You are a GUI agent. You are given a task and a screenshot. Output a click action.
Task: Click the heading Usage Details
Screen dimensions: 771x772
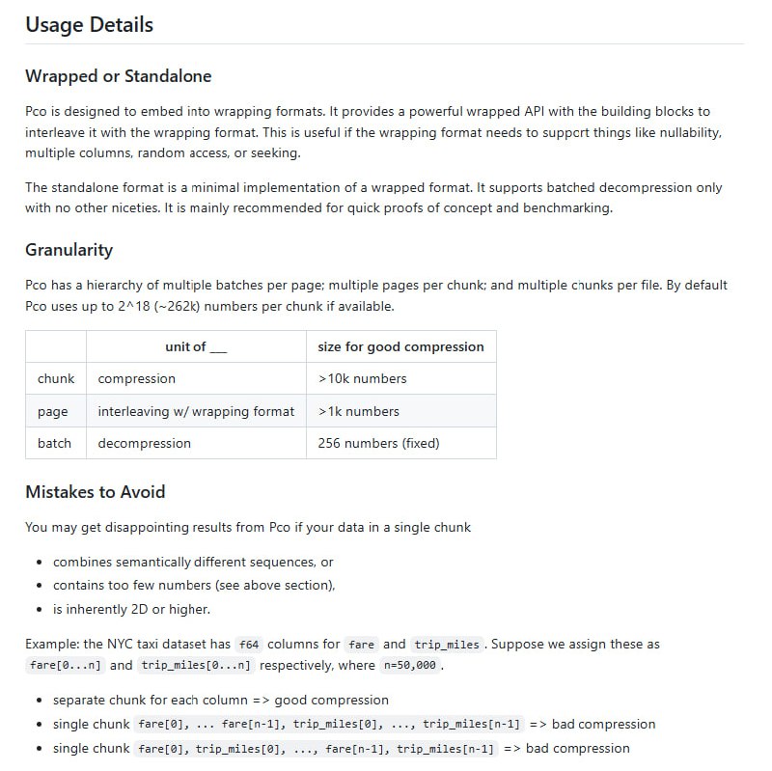click(89, 25)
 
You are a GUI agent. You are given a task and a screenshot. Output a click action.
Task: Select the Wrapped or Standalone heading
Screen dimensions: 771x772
click(118, 76)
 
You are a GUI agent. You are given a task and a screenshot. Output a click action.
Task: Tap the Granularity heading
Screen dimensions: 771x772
click(69, 250)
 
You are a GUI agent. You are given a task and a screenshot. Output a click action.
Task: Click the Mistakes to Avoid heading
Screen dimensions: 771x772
click(95, 492)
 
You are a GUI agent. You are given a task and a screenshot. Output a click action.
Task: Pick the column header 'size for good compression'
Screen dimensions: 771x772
click(400, 346)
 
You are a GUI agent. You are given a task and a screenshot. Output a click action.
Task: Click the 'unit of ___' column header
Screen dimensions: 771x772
click(196, 346)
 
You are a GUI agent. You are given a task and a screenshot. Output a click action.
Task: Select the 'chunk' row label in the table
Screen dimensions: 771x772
click(56, 378)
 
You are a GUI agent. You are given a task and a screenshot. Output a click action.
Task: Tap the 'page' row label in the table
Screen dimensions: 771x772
click(53, 411)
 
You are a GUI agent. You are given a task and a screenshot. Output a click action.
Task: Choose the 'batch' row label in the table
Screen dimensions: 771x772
click(54, 443)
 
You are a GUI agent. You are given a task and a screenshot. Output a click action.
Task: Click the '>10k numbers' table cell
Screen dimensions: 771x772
click(362, 378)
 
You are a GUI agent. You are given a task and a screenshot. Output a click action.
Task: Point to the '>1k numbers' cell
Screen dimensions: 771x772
click(358, 411)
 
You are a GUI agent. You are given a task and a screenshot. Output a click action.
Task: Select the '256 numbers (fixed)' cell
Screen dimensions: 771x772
click(378, 443)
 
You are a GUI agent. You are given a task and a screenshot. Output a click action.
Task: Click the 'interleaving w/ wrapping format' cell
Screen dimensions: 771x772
click(196, 411)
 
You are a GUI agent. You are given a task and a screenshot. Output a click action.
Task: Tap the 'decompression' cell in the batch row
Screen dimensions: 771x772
click(144, 443)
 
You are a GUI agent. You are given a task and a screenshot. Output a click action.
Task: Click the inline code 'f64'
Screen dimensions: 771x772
click(249, 645)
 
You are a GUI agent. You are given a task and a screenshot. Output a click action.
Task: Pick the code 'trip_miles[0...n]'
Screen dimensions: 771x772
click(196, 666)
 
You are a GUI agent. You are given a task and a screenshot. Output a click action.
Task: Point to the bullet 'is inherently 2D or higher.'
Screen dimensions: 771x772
click(131, 609)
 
